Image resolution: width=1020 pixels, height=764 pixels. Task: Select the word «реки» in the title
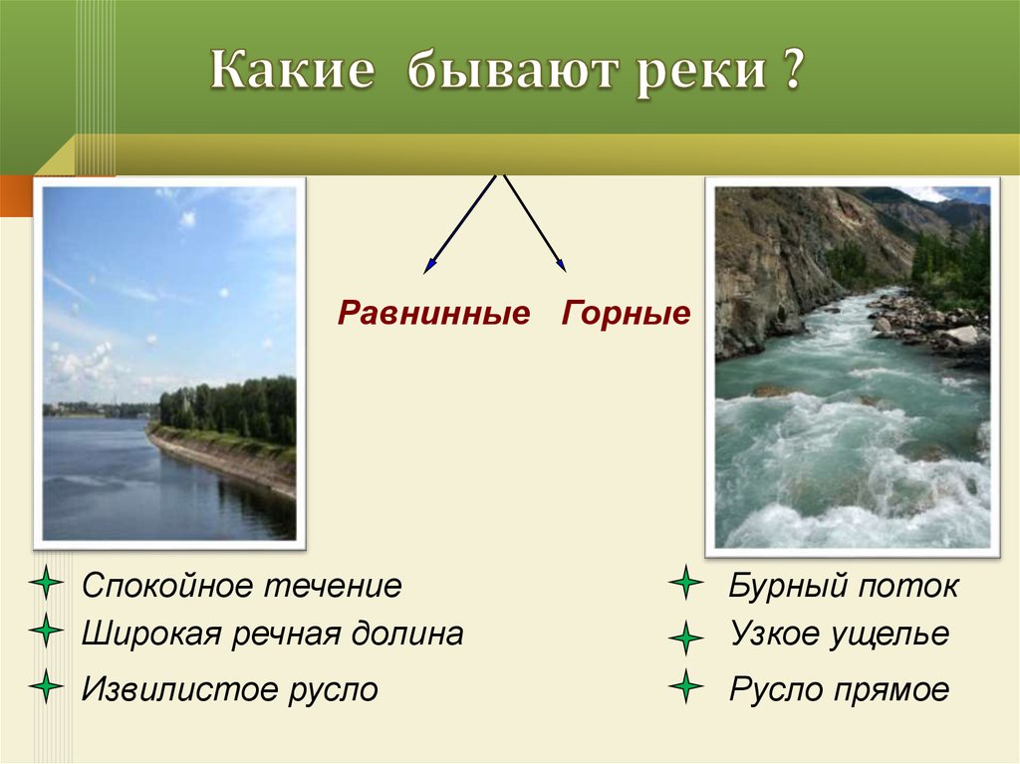(700, 73)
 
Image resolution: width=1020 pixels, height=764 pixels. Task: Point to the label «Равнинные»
(434, 313)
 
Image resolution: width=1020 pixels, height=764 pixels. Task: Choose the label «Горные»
(626, 312)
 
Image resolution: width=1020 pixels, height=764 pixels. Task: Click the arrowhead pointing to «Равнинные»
(428, 266)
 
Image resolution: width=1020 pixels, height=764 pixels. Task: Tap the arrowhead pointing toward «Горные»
(561, 264)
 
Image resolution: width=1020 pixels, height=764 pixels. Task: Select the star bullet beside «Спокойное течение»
(46, 582)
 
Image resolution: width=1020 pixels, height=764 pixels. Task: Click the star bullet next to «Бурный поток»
(685, 583)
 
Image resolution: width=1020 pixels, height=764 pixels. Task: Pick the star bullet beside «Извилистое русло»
(46, 686)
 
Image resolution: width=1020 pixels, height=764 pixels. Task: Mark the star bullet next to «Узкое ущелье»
(685, 637)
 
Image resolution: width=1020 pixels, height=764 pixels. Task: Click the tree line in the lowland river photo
(228, 410)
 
